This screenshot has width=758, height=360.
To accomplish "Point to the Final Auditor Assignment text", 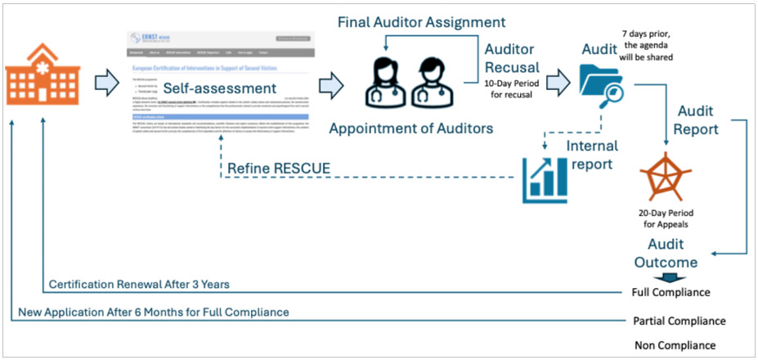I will [x=422, y=21].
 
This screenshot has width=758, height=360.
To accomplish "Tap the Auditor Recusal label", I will [x=512, y=60].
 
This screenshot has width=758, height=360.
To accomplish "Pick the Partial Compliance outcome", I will [x=680, y=321].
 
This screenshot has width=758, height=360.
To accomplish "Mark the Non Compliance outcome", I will [x=675, y=344].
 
